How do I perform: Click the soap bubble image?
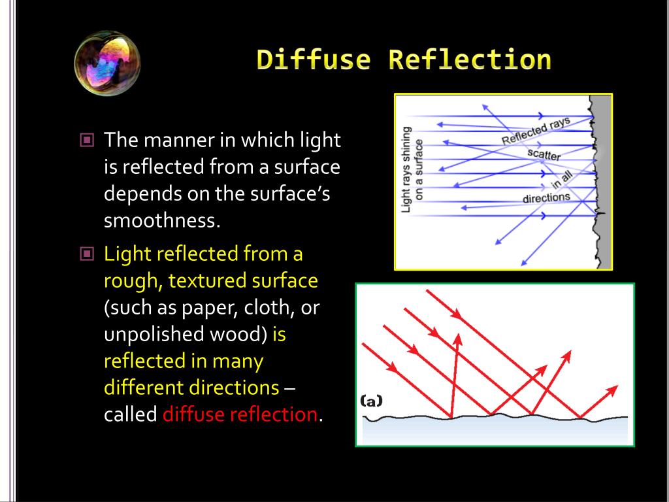107,63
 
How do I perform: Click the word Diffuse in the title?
313,59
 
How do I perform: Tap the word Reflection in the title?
470,59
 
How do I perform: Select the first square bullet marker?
87,140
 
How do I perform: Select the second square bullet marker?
87,253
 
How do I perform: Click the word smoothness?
160,221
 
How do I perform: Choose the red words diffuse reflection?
240,414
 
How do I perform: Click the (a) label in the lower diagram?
371,401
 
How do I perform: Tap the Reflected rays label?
536,131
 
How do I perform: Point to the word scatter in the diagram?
544,156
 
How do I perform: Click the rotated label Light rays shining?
406,169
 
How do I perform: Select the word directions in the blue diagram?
546,197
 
